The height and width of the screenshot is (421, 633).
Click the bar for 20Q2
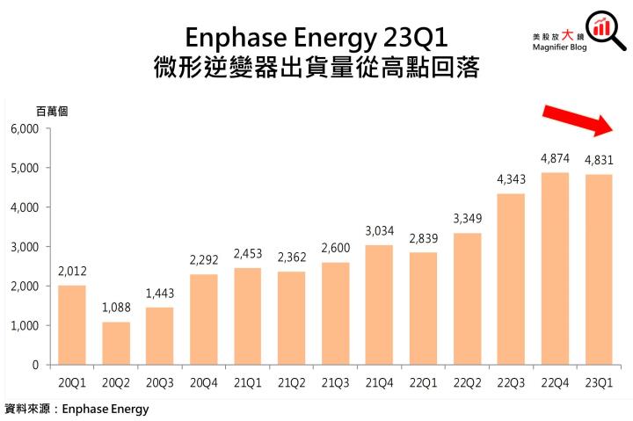pos(115,343)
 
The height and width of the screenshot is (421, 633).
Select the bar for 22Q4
pos(555,268)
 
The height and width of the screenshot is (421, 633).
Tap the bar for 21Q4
pos(379,304)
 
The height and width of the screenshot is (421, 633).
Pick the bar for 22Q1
pos(423,308)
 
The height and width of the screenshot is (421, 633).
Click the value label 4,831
pos(599,161)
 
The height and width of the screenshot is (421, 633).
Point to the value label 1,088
pos(115,308)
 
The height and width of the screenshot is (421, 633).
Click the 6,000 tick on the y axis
pos(25,128)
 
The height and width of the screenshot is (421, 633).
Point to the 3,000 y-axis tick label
pos(25,247)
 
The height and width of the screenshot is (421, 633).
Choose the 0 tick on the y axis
pos(35,365)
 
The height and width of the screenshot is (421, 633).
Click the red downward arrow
pos(577,120)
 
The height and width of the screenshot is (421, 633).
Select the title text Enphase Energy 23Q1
pos(316,38)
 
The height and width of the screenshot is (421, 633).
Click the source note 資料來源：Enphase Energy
pos(77,409)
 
